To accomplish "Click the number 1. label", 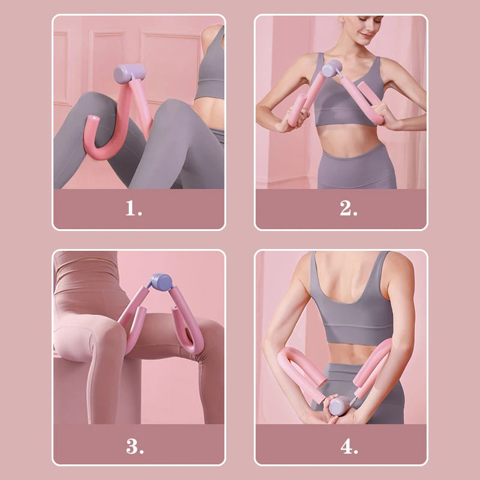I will click(134, 208).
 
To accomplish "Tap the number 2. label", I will click(349, 208).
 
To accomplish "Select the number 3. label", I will click(134, 446).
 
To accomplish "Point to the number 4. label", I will click(349, 446).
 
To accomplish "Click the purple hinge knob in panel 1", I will click(130, 74).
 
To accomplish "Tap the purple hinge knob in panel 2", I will click(331, 68).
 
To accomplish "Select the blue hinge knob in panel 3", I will click(160, 281).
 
